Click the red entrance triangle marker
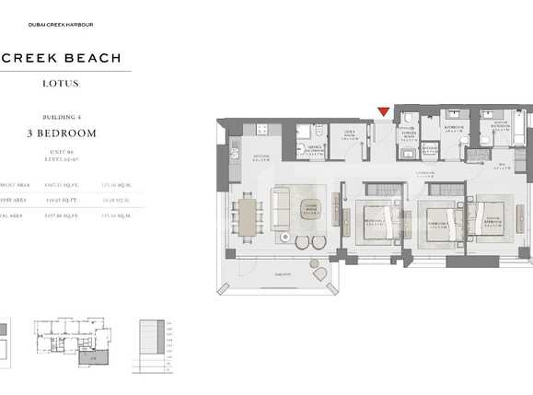point(383,113)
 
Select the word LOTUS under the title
point(61,84)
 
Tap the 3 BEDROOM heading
point(62,134)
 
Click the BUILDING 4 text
point(62,118)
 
